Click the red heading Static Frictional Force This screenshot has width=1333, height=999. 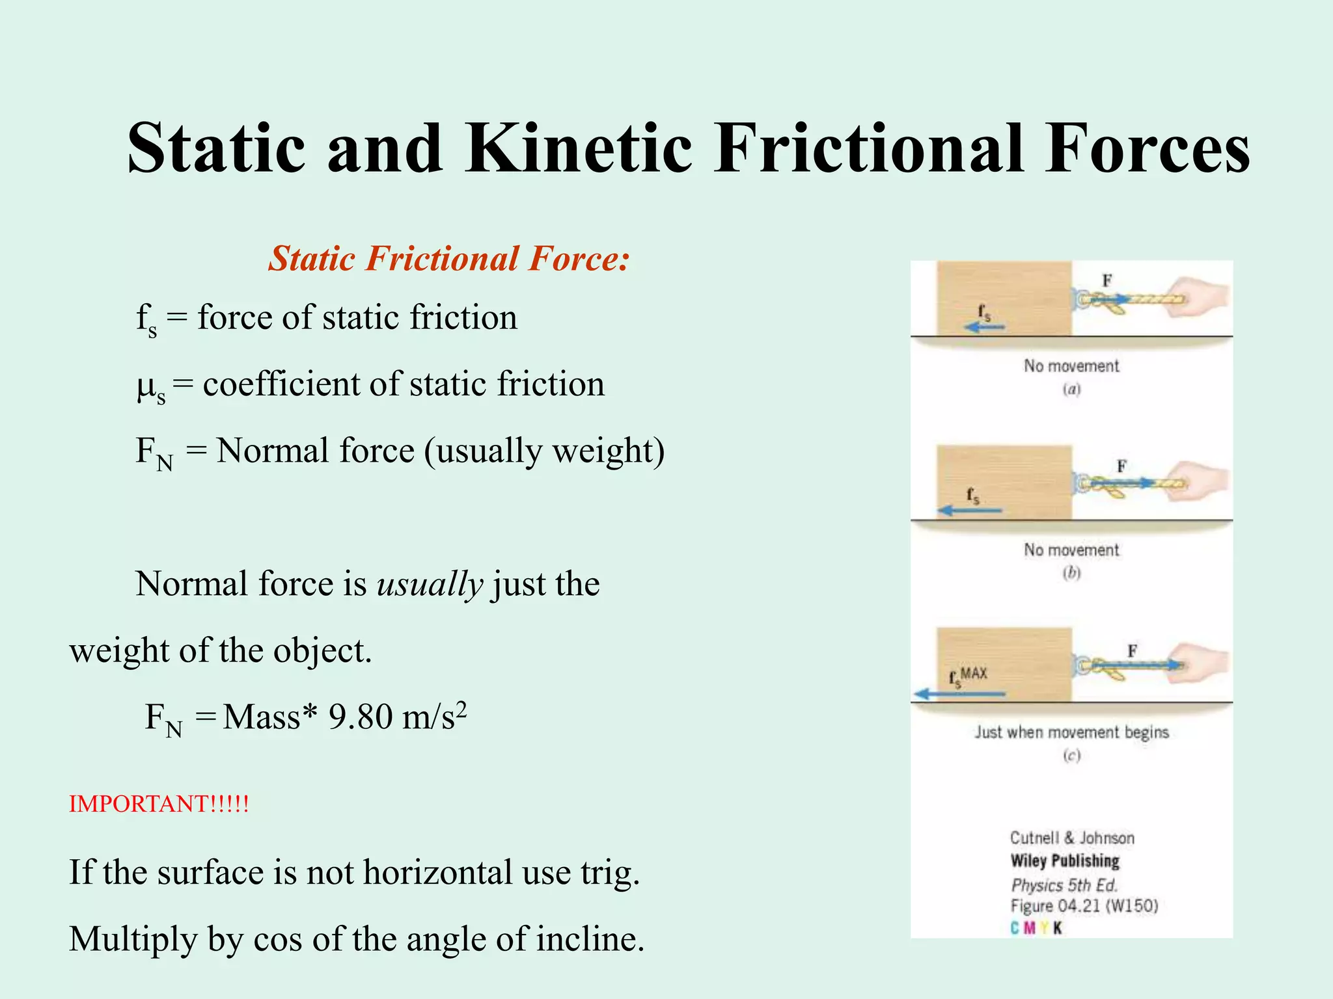click(x=449, y=258)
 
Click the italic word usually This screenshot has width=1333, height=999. click(x=430, y=583)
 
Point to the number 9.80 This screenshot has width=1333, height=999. click(x=361, y=717)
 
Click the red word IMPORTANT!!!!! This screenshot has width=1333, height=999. click(x=159, y=804)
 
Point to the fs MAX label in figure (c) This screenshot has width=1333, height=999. click(x=968, y=675)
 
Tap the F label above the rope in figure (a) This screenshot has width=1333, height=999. click(x=1106, y=280)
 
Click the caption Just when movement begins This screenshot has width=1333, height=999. click(x=1071, y=732)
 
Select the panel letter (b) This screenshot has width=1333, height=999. click(x=1071, y=573)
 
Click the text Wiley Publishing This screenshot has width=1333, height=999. click(x=1065, y=860)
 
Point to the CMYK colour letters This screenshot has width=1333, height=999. click(x=1036, y=928)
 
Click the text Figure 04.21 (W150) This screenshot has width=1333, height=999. click(x=1084, y=906)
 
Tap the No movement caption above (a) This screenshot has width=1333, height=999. click(x=1071, y=366)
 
